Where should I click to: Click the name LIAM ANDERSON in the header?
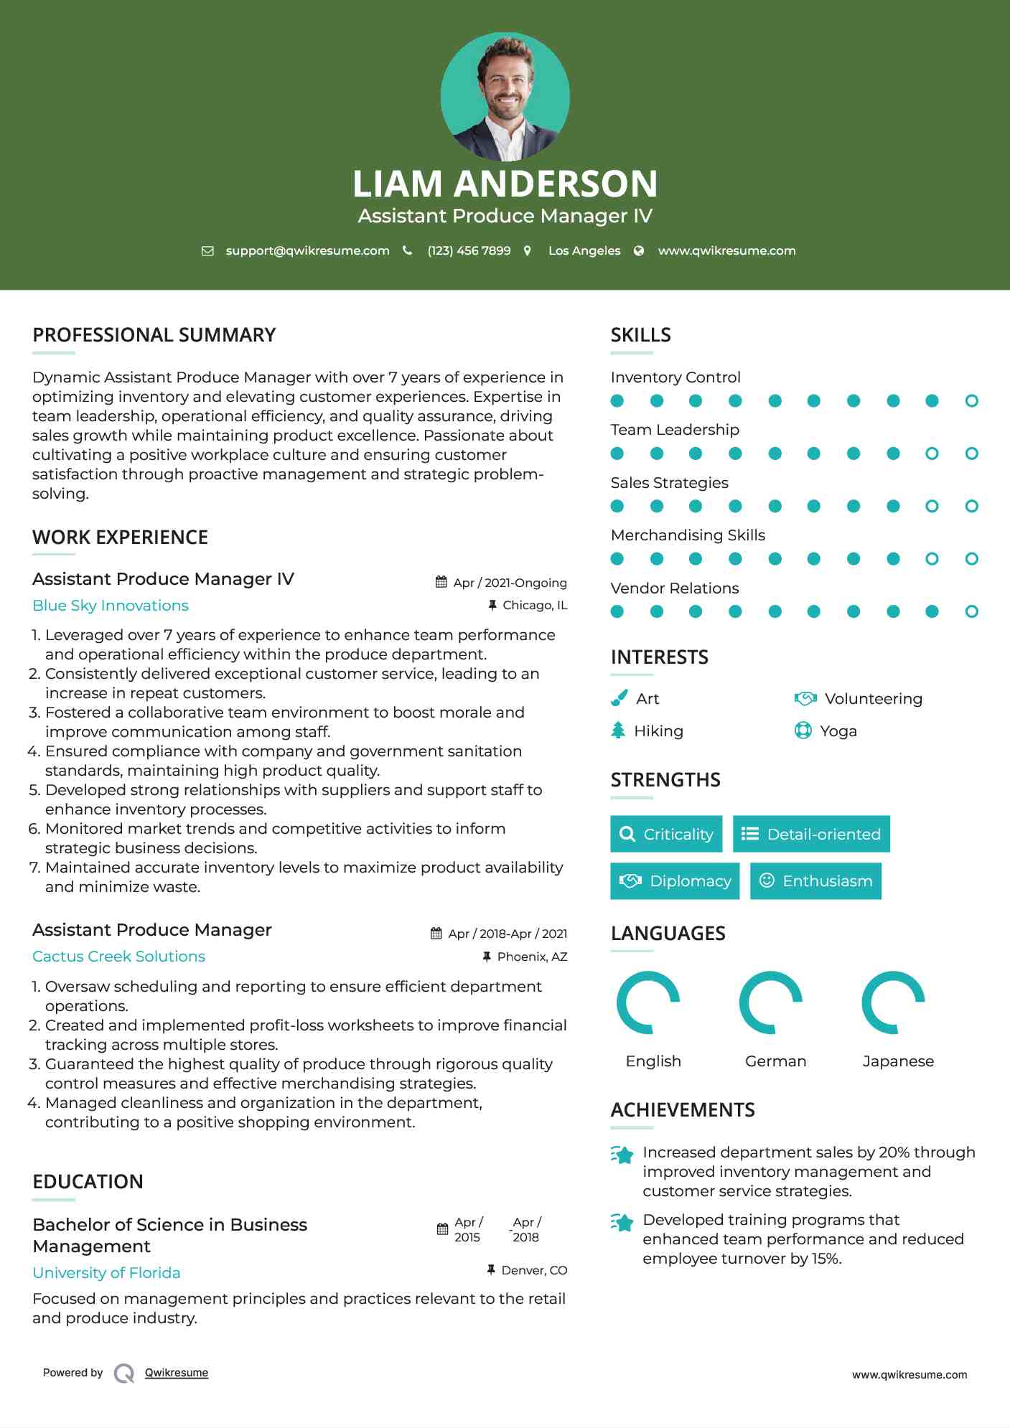(505, 184)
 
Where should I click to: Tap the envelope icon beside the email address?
(207, 251)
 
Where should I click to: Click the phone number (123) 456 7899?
(469, 251)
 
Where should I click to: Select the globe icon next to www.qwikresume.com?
(639, 251)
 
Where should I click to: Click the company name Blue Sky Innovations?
(111, 606)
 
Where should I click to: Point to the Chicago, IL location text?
(535, 606)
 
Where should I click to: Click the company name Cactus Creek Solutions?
(118, 957)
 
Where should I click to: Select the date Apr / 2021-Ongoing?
(510, 583)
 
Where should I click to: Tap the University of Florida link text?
(106, 1273)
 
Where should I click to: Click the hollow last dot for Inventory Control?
(971, 401)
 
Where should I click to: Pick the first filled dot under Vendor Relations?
(617, 611)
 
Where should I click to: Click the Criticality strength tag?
(666, 834)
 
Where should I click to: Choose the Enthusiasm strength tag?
(815, 881)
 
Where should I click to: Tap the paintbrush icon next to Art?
(619, 698)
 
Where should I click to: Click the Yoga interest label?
(838, 731)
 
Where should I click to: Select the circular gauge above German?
(771, 1002)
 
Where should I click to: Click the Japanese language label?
(898, 1061)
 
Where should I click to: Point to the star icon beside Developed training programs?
(622, 1222)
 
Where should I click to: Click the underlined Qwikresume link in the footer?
(177, 1373)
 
